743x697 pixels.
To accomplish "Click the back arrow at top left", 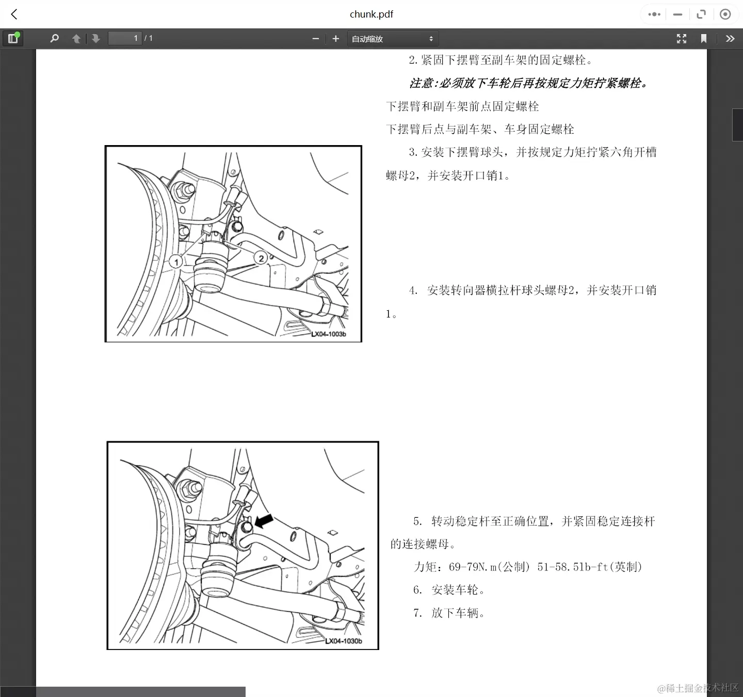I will point(14,14).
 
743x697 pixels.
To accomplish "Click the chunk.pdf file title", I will point(371,14).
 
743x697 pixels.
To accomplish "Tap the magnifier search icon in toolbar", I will point(54,39).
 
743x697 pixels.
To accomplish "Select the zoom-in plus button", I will point(336,39).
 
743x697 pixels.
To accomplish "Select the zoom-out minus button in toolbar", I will point(316,39).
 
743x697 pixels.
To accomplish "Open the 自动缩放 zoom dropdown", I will point(392,39).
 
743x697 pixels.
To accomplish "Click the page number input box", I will point(124,38).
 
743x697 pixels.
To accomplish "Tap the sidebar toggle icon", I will point(13,38).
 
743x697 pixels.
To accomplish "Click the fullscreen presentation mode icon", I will point(682,39).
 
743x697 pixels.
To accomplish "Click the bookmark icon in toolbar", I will point(703,39).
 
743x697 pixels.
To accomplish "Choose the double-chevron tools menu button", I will point(730,39).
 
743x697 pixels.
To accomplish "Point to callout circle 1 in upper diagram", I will point(176,262).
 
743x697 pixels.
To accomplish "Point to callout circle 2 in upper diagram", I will point(261,258).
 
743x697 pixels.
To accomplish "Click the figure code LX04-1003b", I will point(329,334).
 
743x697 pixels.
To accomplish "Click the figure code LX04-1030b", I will point(343,641).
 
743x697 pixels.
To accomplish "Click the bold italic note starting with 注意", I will point(528,83).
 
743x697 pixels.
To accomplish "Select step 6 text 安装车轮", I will point(457,590).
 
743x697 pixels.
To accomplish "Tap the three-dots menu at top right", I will point(654,14).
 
